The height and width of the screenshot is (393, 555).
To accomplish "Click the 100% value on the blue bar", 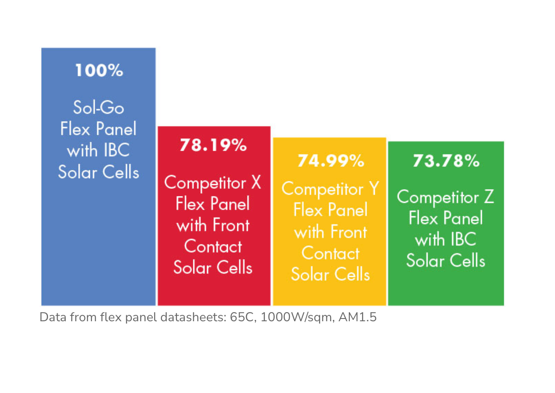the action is [x=99, y=70].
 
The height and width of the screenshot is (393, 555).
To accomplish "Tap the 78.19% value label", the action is [x=213, y=145].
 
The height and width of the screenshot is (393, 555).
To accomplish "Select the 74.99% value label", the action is [x=331, y=161].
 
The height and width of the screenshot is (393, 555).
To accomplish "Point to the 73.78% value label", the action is [x=446, y=161].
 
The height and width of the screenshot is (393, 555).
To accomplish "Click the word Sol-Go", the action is [x=99, y=107].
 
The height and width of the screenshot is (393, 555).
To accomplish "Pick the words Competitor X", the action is [x=213, y=183].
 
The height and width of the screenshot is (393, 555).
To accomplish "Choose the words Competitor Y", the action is [x=330, y=189].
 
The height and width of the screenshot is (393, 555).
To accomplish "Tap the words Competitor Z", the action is [x=445, y=197].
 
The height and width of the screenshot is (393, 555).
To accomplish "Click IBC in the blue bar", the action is [x=117, y=150].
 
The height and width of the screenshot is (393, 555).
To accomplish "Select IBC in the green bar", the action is [x=464, y=239].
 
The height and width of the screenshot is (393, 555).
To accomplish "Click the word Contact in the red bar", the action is [x=213, y=246].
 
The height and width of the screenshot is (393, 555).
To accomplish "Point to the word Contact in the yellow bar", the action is [x=331, y=253].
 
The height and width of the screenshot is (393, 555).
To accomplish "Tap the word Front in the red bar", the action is [x=231, y=225].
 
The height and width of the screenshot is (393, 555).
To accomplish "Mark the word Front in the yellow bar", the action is [x=349, y=232].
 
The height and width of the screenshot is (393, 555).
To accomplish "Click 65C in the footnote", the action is [x=243, y=317].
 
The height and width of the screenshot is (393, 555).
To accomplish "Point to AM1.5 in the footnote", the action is [x=358, y=317].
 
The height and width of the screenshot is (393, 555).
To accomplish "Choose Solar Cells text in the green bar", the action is [x=446, y=260].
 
